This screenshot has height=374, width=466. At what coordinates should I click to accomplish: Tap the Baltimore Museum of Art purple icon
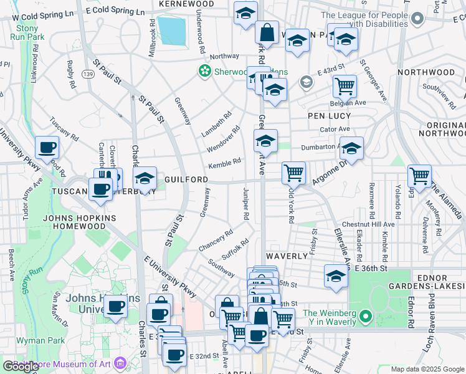point(121,362)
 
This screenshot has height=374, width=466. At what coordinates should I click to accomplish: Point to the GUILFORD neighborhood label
point(186,180)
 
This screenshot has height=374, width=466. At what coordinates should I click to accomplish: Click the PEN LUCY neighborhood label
point(330,116)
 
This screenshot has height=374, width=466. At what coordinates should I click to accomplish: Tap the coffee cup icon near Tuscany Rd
point(47,148)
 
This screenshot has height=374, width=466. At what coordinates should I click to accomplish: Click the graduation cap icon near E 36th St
point(336,276)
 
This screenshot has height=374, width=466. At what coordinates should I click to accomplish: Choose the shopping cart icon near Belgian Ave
point(345,85)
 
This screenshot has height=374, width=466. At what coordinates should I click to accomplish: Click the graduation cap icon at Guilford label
point(145,180)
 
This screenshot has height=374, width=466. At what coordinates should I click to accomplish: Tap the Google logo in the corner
point(21,366)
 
